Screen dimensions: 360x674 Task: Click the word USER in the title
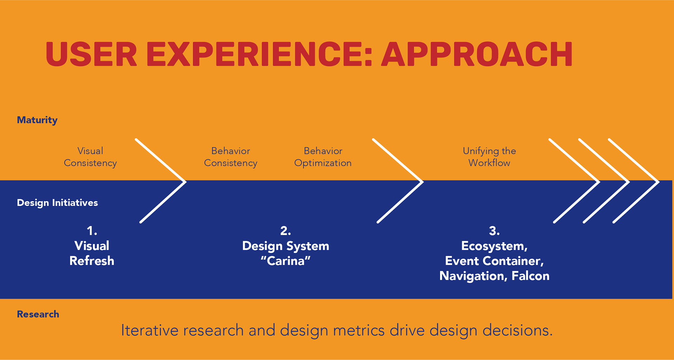tap(91, 54)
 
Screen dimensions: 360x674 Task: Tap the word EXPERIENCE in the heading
tap(259, 54)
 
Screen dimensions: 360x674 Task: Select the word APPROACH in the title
tap(477, 54)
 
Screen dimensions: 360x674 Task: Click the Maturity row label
tap(37, 120)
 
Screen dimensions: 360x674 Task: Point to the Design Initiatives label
tap(57, 203)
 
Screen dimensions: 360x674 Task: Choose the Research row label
tap(38, 314)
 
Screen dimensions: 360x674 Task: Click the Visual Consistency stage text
tap(90, 157)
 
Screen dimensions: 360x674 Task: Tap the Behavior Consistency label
tap(231, 157)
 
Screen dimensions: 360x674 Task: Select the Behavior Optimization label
tap(323, 157)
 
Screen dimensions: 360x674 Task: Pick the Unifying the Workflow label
tap(489, 157)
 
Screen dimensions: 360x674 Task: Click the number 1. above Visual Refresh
tap(92, 231)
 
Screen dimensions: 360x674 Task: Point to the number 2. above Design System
tap(286, 231)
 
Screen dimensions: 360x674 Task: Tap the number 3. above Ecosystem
tap(494, 231)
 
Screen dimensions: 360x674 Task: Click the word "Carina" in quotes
tap(286, 261)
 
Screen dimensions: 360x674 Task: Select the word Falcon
tap(530, 276)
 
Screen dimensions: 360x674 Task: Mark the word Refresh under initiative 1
tap(92, 261)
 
